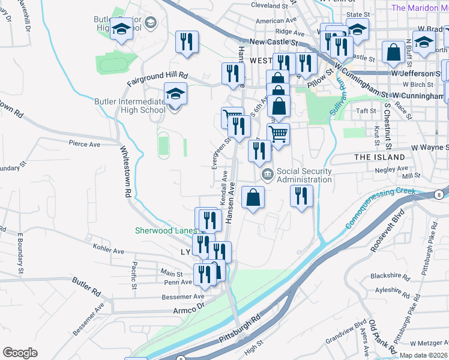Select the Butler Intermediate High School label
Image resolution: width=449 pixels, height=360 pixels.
click(x=130, y=106)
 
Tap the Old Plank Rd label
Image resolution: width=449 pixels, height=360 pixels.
click(x=382, y=337)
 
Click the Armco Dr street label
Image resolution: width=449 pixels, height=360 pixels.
click(x=189, y=310)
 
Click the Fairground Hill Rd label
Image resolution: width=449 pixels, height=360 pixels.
click(x=157, y=77)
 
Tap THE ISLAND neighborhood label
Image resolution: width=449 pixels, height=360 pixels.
click(x=380, y=157)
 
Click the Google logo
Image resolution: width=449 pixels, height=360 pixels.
click(x=20, y=353)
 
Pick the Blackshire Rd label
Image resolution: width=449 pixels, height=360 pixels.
click(x=390, y=276)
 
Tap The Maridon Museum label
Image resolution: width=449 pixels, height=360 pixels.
click(x=420, y=8)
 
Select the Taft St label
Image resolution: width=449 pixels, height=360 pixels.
click(x=366, y=111)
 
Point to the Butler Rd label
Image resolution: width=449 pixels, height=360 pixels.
click(x=87, y=287)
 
